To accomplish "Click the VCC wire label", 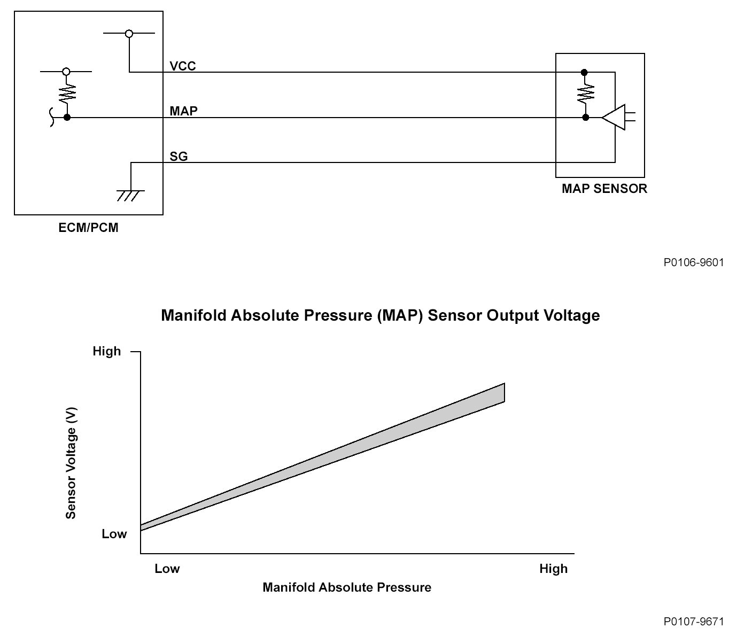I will coord(183,66).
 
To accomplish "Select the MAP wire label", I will coord(183,111).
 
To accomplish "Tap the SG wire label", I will coord(179,157).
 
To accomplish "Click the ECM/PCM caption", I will coord(88,228).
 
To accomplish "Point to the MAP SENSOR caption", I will coord(604,189).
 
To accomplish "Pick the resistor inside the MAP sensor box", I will coord(585,95).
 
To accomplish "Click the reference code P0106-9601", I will coord(693,262).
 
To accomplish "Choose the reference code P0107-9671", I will coord(693,622).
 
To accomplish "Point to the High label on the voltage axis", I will coord(107,351).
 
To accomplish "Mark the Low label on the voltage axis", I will coord(114,534).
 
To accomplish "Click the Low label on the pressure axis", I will coord(167,569).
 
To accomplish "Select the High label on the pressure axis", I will coord(553,569).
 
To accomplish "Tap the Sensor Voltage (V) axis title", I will coord(71,463).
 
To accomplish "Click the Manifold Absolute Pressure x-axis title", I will coord(346,587).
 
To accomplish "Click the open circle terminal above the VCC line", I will coord(129,34).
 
